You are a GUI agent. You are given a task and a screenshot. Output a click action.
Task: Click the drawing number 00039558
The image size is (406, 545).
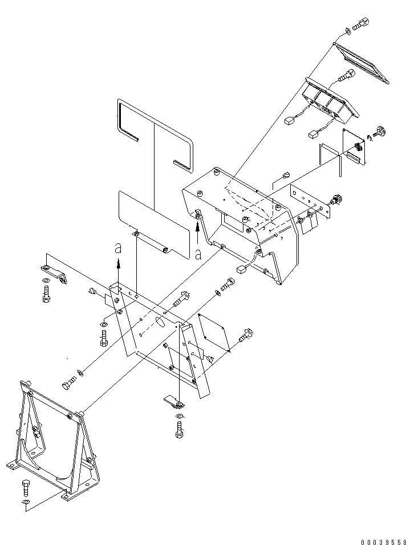point(383,542)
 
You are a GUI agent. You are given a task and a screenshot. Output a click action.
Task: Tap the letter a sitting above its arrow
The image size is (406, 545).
point(118,248)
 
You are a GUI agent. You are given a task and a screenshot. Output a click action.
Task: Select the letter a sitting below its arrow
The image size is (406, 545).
point(198,255)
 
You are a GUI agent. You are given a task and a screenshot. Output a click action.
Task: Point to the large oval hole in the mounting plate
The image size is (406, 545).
point(161,322)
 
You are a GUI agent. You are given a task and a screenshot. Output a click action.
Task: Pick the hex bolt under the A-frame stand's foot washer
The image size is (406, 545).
point(26,489)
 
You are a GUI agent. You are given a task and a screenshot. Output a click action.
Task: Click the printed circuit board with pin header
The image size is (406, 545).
point(355,147)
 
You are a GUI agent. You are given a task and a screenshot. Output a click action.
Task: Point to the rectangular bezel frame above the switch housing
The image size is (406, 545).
point(362,63)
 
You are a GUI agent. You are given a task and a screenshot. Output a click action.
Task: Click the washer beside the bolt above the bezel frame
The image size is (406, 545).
point(348,31)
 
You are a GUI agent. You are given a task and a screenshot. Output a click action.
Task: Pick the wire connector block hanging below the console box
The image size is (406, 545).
point(241,270)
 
